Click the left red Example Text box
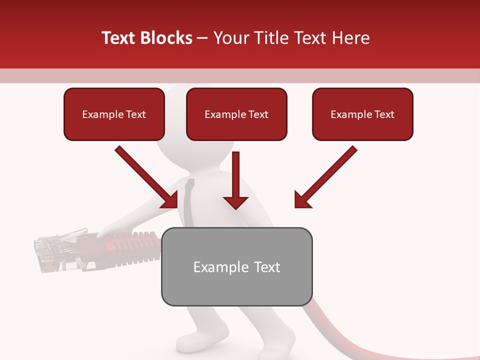click(x=114, y=114)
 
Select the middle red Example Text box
click(x=236, y=114)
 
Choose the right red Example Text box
click(x=362, y=114)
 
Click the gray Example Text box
click(x=236, y=266)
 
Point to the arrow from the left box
click(x=147, y=177)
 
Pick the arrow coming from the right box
click(x=325, y=177)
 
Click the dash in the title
click(x=202, y=38)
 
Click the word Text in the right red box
click(x=383, y=114)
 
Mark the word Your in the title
click(x=231, y=38)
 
